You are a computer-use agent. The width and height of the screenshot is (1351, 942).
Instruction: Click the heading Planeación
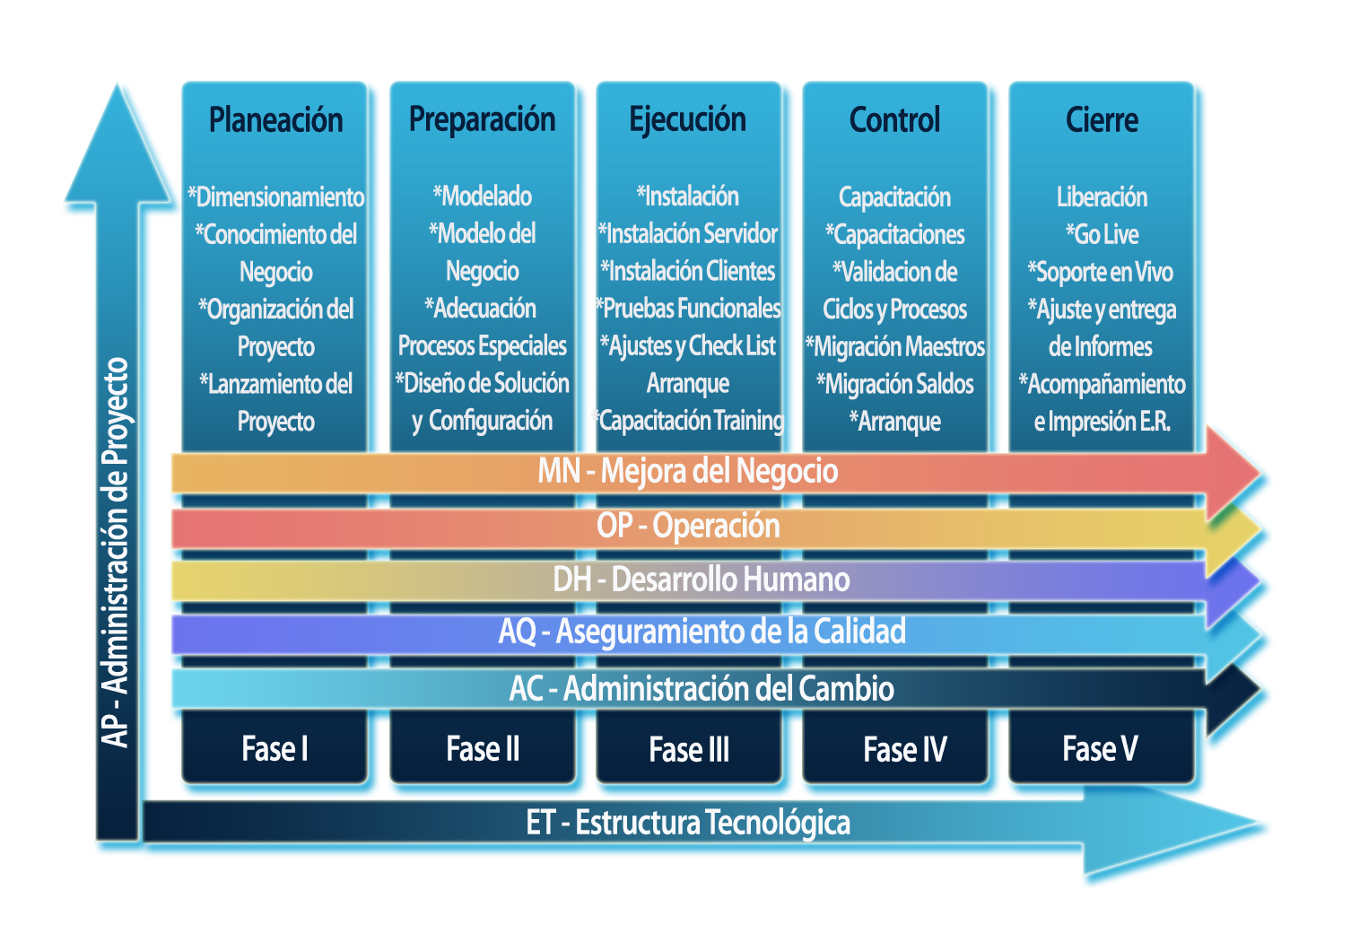(x=275, y=120)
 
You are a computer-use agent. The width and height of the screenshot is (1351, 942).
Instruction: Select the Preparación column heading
(x=482, y=120)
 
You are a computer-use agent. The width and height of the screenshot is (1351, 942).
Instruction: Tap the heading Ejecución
(x=687, y=120)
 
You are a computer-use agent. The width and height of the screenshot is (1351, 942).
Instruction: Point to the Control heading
(x=894, y=120)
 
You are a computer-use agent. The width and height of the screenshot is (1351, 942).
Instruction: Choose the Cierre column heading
(x=1102, y=120)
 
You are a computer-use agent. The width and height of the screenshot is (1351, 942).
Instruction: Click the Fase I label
(x=275, y=749)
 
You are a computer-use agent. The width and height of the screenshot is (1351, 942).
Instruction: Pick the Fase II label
(x=483, y=749)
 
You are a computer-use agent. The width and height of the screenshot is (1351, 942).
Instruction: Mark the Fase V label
(x=1100, y=749)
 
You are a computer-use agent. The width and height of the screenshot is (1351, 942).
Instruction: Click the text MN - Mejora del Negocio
(x=687, y=471)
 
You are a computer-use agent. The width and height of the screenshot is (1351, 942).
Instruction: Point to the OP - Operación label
(x=688, y=526)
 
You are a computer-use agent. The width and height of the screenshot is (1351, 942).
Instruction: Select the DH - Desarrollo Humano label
(x=701, y=580)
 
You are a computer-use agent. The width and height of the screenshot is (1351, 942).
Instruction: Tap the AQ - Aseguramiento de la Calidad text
(x=702, y=632)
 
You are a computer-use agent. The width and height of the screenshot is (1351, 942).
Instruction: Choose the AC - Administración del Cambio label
(x=702, y=689)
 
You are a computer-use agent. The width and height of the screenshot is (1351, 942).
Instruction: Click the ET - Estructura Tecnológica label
(x=687, y=823)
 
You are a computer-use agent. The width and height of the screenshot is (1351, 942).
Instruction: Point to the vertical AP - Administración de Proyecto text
(x=116, y=552)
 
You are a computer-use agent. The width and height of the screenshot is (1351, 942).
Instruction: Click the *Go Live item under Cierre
(x=1102, y=235)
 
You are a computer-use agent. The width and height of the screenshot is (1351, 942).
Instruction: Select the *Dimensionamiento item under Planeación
(x=275, y=197)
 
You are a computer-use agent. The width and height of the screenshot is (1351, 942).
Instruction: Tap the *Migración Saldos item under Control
(x=894, y=385)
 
